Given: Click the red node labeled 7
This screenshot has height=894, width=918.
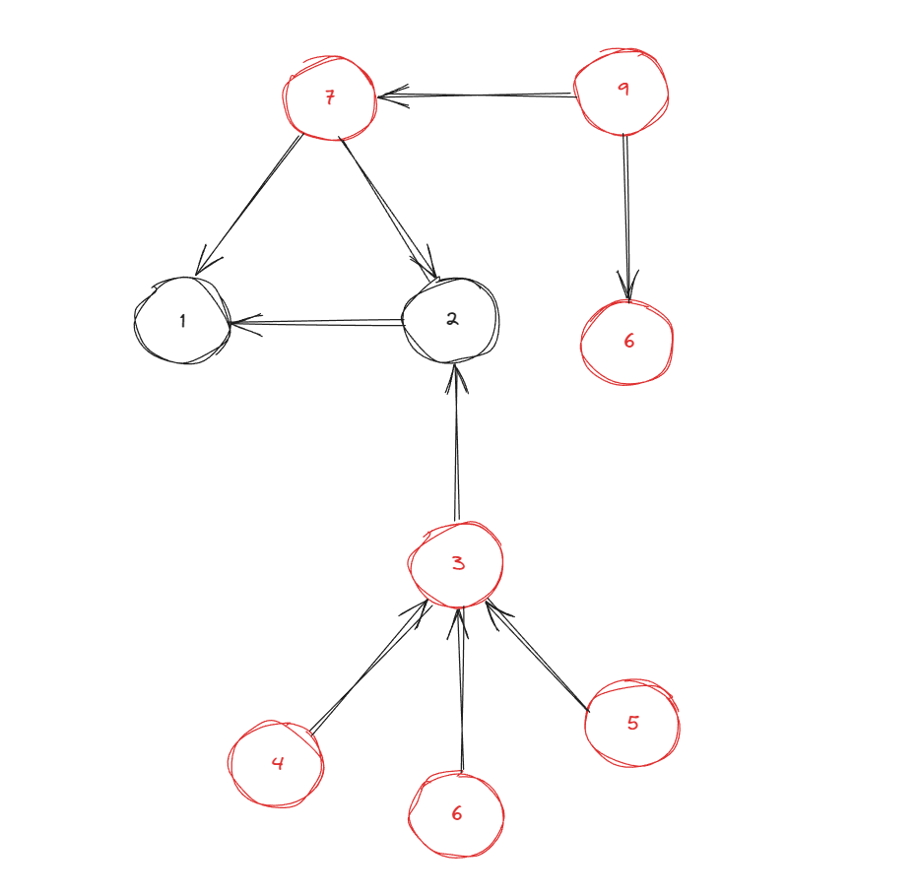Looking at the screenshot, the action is click(330, 97).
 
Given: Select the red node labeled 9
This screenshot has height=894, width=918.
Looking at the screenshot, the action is click(622, 92).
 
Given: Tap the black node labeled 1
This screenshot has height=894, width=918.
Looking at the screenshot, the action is click(182, 321).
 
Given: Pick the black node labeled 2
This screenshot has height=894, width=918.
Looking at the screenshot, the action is click(452, 319).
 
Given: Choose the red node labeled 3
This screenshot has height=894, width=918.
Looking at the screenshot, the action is click(457, 563).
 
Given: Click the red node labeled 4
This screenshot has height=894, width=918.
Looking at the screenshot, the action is click(277, 763).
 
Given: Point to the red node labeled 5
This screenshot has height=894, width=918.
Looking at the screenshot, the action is click(632, 724).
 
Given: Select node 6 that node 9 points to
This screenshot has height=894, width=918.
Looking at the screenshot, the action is click(627, 342).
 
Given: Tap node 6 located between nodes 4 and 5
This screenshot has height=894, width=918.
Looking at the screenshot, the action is click(456, 814).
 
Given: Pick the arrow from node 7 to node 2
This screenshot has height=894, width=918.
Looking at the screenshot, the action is click(388, 207).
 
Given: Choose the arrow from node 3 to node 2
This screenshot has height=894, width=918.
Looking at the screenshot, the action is click(456, 443).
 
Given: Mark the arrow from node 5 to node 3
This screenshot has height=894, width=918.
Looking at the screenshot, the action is click(538, 656).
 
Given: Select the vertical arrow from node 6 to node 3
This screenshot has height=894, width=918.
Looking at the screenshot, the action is click(459, 689).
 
